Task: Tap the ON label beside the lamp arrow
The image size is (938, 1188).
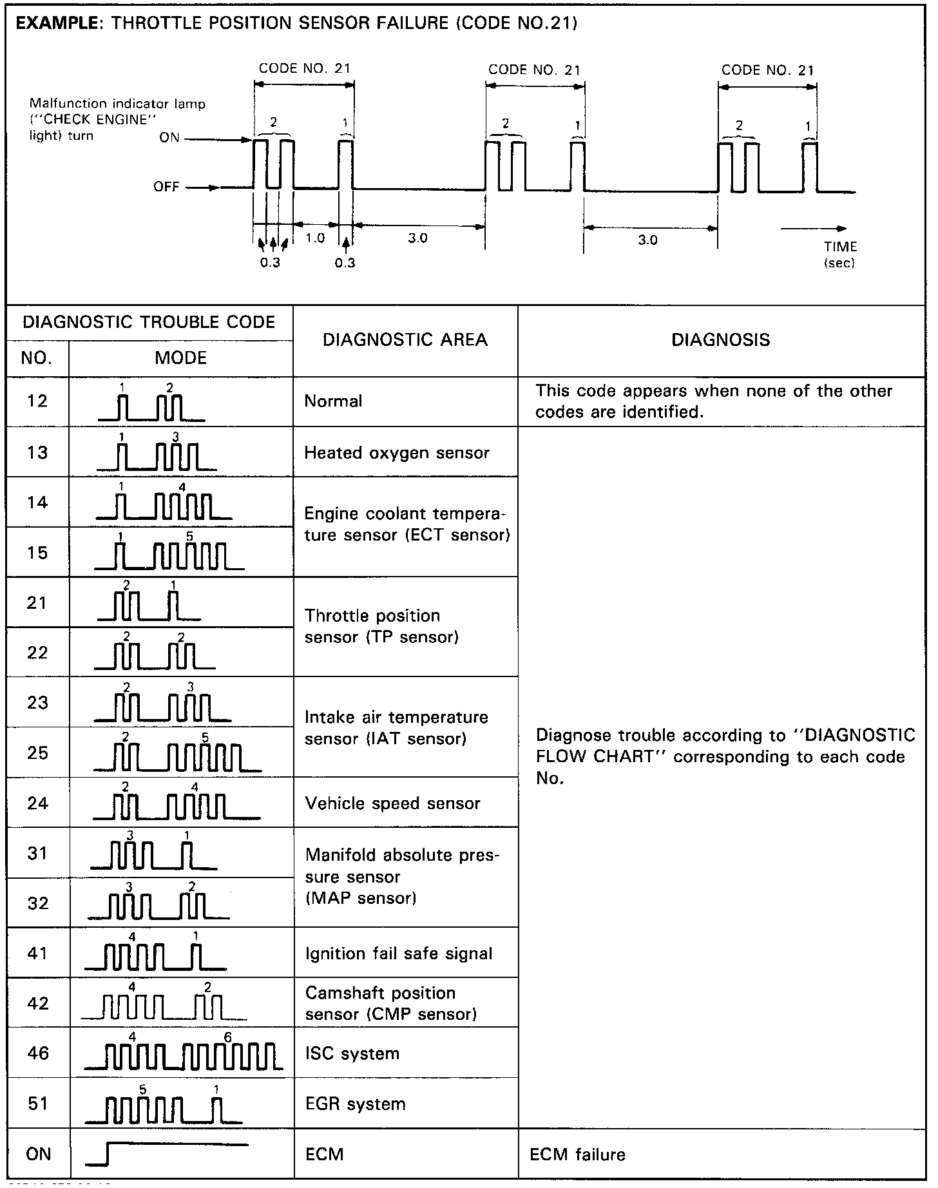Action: pyautogui.click(x=169, y=138)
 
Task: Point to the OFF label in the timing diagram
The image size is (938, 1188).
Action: pyautogui.click(x=166, y=187)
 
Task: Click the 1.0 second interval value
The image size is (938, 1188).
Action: pyautogui.click(x=315, y=238)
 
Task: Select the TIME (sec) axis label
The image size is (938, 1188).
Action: pyautogui.click(x=840, y=254)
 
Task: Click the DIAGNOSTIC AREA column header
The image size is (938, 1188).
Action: pyautogui.click(x=405, y=340)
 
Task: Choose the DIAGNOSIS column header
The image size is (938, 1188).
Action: pyautogui.click(x=720, y=340)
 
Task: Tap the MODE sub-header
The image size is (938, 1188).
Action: pyautogui.click(x=181, y=358)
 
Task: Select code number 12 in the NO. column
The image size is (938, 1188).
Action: pyautogui.click(x=37, y=401)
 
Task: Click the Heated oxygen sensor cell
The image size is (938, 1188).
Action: pyautogui.click(x=397, y=453)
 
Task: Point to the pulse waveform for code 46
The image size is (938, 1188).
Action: pyautogui.click(x=184, y=1054)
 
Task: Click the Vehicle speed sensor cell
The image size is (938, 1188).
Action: pyautogui.click(x=392, y=803)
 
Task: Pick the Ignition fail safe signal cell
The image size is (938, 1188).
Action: pyautogui.click(x=398, y=953)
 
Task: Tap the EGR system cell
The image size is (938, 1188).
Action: pyautogui.click(x=355, y=1104)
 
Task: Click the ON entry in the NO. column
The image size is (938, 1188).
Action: pyautogui.click(x=38, y=1154)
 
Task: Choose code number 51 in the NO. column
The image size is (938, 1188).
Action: pyautogui.click(x=38, y=1104)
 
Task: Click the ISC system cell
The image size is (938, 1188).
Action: pyautogui.click(x=352, y=1053)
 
